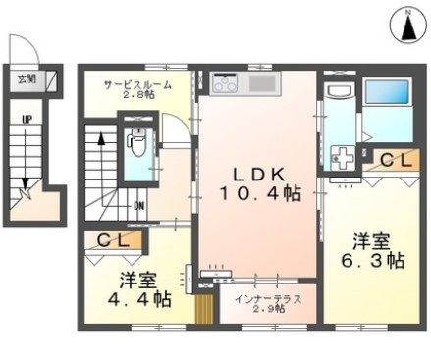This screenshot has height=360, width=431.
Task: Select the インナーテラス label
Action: click(260, 298)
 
